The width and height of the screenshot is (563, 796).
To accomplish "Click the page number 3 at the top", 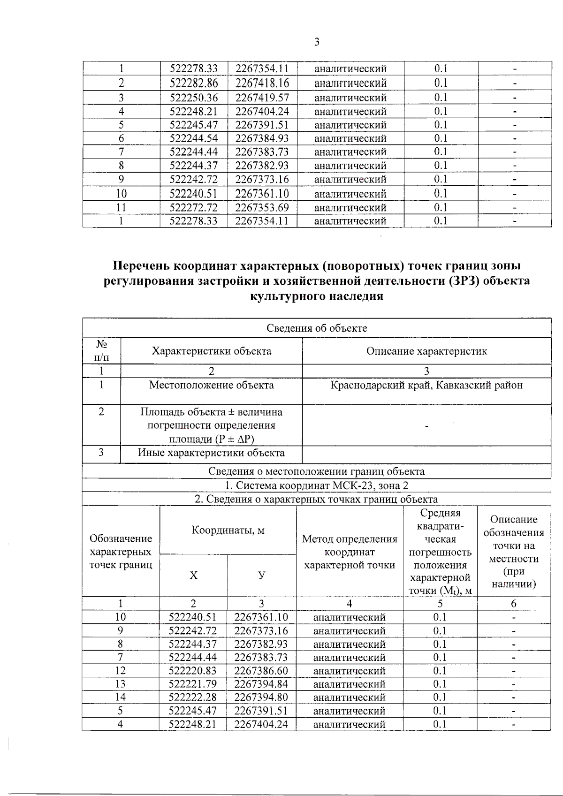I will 317,42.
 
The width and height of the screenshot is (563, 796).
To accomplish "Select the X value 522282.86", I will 194,83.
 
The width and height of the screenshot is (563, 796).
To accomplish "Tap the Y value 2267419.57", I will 262,98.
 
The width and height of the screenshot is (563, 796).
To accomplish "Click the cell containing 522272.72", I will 194,207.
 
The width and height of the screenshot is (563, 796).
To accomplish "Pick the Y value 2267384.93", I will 262,138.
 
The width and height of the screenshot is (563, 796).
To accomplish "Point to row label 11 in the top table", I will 121,207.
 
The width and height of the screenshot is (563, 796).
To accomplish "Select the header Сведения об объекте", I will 317,328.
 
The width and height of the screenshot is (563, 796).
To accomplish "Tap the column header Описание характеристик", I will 426,351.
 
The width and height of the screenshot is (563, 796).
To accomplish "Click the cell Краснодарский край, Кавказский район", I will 426,385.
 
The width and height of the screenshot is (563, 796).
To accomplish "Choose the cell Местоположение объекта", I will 211,385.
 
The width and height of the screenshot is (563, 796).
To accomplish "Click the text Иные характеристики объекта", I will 211,453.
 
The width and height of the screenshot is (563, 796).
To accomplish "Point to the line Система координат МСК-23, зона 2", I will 317,485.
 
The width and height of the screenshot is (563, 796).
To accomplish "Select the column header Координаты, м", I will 228,530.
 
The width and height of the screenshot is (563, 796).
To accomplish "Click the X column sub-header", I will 193,576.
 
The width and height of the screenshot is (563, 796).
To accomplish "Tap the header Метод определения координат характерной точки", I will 350,552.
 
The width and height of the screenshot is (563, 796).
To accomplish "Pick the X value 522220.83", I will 193,671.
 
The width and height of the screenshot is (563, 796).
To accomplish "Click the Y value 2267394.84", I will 261,684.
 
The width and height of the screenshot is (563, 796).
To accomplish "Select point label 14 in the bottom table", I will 120,697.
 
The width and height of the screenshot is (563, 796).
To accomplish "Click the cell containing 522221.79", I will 193,684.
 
